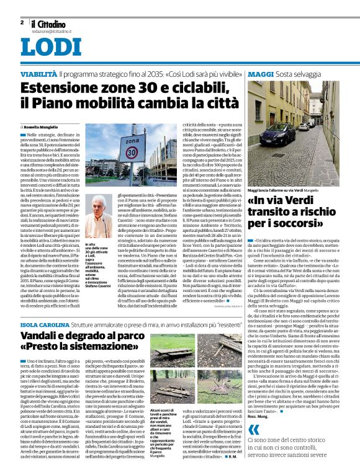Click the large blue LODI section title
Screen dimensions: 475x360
(x=51, y=48)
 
